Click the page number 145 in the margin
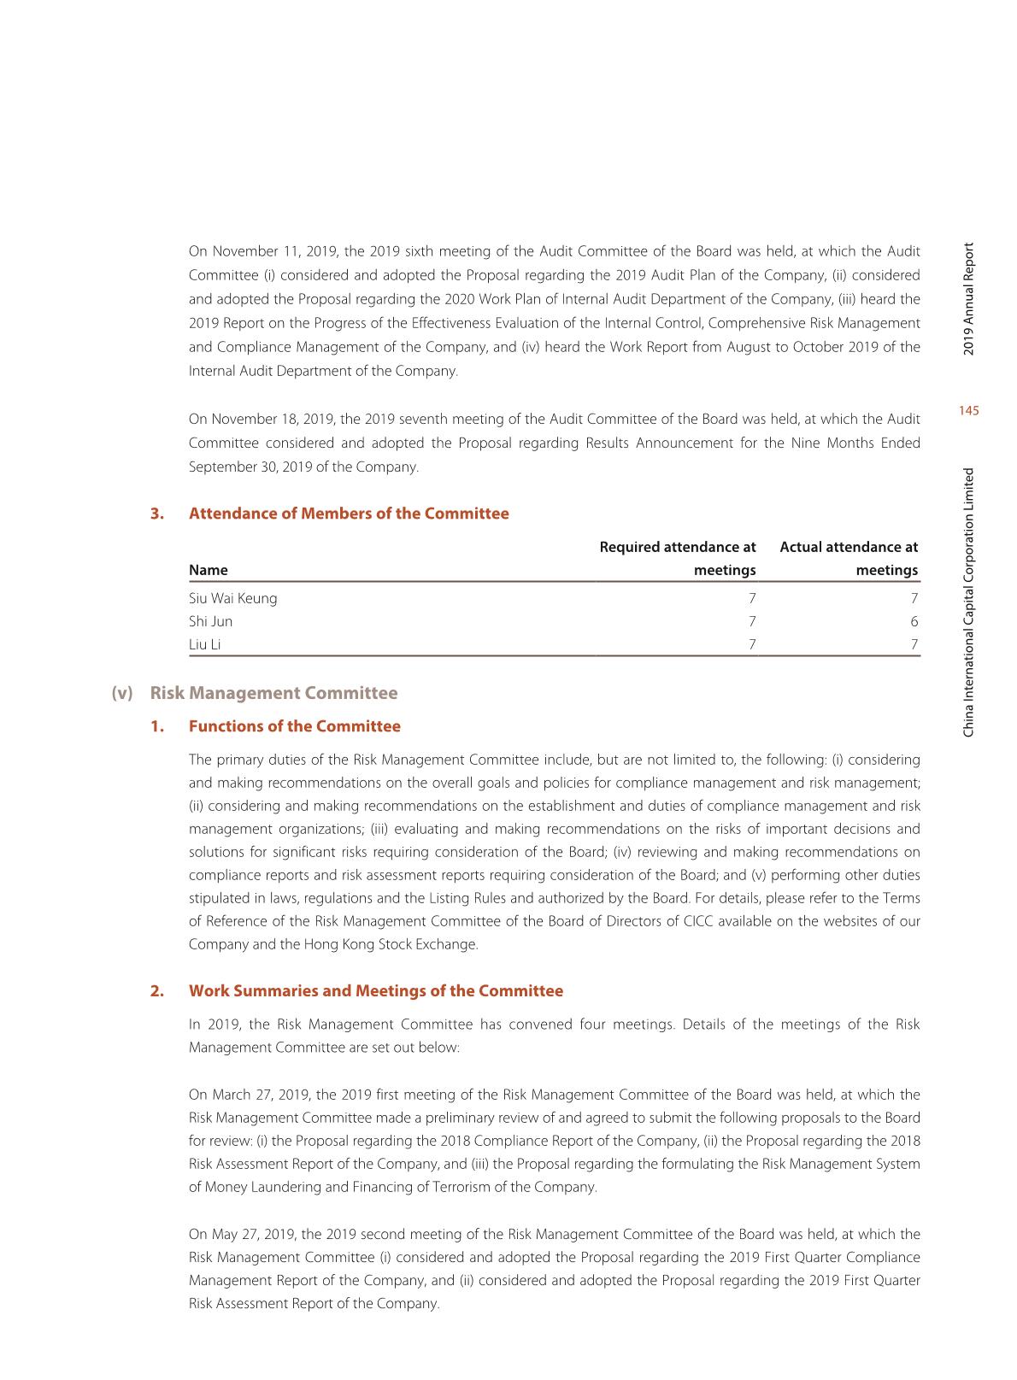click(969, 411)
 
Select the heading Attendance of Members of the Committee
click(348, 514)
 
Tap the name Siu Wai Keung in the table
click(232, 598)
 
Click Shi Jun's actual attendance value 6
click(914, 621)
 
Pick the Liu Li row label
click(204, 644)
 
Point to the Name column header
click(208, 570)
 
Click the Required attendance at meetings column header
click(678, 558)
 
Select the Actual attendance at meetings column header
click(849, 558)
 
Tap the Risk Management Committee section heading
click(273, 693)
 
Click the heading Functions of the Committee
click(294, 726)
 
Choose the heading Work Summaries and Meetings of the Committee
click(375, 991)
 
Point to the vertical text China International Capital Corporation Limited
click(968, 602)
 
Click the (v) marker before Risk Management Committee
click(122, 693)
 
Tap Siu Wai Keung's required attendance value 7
click(751, 598)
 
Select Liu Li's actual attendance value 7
click(914, 644)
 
